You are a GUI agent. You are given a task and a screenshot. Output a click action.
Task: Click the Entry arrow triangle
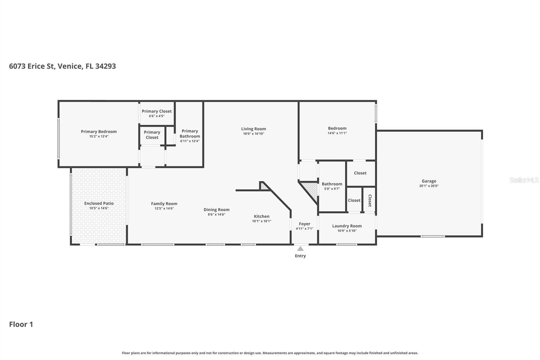click(300, 249)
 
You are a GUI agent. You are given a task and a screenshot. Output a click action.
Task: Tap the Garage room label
click(429, 181)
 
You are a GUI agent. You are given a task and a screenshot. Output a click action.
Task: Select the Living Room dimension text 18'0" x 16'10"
click(253, 134)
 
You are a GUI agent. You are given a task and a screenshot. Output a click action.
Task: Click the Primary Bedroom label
click(99, 131)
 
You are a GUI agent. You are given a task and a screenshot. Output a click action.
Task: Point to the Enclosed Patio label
click(99, 203)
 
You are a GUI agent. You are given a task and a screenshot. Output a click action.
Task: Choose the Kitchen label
click(262, 216)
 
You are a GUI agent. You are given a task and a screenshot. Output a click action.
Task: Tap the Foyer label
click(304, 224)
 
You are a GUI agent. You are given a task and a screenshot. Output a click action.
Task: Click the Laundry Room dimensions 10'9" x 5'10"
click(347, 231)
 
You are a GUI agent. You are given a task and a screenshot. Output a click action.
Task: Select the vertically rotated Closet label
click(370, 201)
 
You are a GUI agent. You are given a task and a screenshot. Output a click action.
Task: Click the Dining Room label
click(216, 210)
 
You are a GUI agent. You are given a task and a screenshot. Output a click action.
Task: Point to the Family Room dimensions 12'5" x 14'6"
click(164, 208)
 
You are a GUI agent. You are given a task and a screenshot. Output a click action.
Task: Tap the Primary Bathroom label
click(190, 133)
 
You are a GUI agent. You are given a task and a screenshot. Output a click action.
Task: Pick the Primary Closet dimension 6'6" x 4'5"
click(157, 116)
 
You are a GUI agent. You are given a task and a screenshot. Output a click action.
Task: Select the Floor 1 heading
click(21, 324)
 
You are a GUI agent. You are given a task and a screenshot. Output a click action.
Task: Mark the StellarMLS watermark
click(524, 180)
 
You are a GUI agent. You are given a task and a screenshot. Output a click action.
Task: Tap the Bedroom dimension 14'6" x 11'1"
click(337, 133)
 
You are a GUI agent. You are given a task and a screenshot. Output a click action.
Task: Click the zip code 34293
click(106, 66)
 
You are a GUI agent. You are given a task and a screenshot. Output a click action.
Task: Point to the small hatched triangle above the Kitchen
click(264, 186)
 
